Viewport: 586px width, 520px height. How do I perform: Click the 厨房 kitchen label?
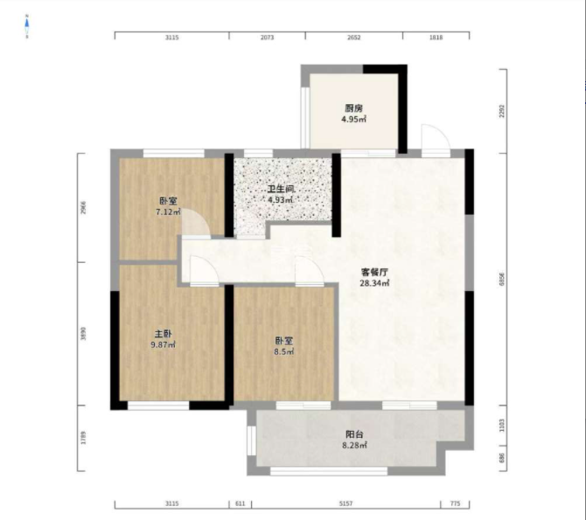pyautogui.click(x=353, y=108)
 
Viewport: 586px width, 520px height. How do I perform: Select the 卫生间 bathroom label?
pyautogui.click(x=280, y=189)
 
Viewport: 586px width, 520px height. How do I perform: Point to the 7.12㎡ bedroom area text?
pyautogui.click(x=167, y=211)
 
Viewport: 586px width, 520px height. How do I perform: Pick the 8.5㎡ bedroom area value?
pyautogui.click(x=284, y=351)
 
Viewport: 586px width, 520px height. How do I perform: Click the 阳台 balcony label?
pyautogui.click(x=354, y=434)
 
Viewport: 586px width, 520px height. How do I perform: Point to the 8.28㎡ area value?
pyautogui.click(x=354, y=445)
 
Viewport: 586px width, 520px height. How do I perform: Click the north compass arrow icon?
pyautogui.click(x=27, y=27)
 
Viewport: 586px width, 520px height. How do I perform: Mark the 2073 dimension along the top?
pyautogui.click(x=268, y=38)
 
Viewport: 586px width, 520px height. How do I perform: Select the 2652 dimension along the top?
pyautogui.click(x=353, y=38)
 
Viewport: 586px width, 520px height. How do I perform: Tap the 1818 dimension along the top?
pyautogui.click(x=436, y=38)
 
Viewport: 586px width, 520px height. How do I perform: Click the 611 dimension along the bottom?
pyautogui.click(x=241, y=504)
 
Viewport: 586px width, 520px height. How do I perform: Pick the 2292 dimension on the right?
pyautogui.click(x=502, y=111)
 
